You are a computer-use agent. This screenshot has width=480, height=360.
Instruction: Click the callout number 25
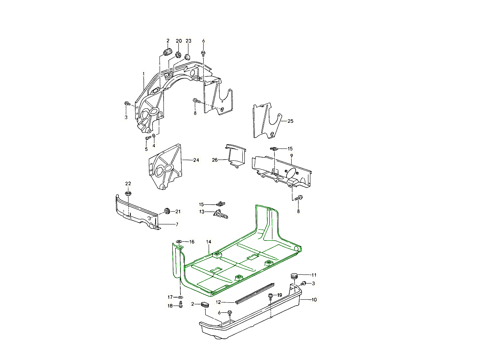point(290,121)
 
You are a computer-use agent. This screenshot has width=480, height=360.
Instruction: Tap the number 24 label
point(196,160)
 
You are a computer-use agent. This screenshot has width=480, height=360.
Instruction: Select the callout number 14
point(208,242)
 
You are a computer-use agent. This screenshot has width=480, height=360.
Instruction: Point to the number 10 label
point(314,300)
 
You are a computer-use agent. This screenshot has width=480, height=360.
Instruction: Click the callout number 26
point(215,160)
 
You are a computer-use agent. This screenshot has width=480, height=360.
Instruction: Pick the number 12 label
point(218,302)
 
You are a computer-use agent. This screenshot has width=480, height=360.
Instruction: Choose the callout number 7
point(177,225)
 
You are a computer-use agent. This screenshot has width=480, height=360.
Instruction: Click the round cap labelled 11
point(294,276)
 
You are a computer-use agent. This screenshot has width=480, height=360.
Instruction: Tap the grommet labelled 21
point(167,211)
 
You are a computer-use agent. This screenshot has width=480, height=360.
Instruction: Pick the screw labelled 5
point(148,138)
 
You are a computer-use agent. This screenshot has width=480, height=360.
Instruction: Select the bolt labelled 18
point(180,306)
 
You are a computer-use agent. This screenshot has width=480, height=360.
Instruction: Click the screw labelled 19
point(271,296)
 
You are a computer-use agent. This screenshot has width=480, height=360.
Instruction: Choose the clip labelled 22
point(128,194)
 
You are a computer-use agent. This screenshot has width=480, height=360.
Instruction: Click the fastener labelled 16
point(179,241)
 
